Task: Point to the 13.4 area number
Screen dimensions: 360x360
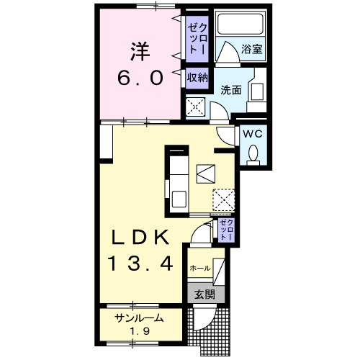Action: [x=142, y=264]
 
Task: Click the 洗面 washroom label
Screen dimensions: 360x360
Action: [x=231, y=89]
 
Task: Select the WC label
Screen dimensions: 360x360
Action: [x=251, y=134]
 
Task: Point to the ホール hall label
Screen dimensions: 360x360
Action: [x=199, y=268]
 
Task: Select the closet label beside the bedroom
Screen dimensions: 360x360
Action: [x=197, y=39]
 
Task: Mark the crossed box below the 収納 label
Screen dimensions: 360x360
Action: [x=196, y=107]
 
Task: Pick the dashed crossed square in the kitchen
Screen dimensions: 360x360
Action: [x=222, y=199]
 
